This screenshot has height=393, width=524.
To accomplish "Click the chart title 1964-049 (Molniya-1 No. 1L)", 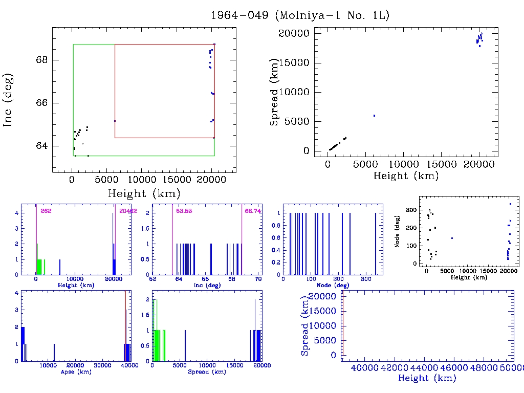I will click(x=300, y=15).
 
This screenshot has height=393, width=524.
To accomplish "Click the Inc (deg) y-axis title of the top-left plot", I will click(x=9, y=100).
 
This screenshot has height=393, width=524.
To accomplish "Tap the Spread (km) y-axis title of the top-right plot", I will click(x=275, y=92).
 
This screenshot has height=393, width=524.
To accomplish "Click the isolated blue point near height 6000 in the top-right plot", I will click(x=374, y=116).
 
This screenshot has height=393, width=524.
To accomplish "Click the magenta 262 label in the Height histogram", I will click(x=46, y=211).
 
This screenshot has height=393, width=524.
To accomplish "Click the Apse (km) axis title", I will click(x=76, y=372).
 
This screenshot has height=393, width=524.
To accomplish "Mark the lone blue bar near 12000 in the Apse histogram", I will click(x=54, y=353).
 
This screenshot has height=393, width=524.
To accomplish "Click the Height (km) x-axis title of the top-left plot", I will click(x=144, y=193).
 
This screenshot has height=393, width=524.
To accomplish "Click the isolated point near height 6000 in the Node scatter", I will click(x=452, y=238).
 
